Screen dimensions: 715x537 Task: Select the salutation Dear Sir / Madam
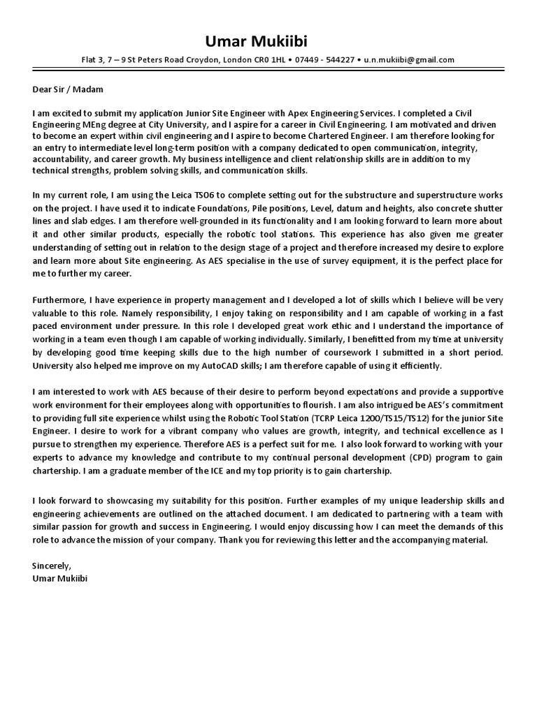coord(68,89)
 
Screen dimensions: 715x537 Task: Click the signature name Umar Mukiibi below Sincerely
coord(61,578)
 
